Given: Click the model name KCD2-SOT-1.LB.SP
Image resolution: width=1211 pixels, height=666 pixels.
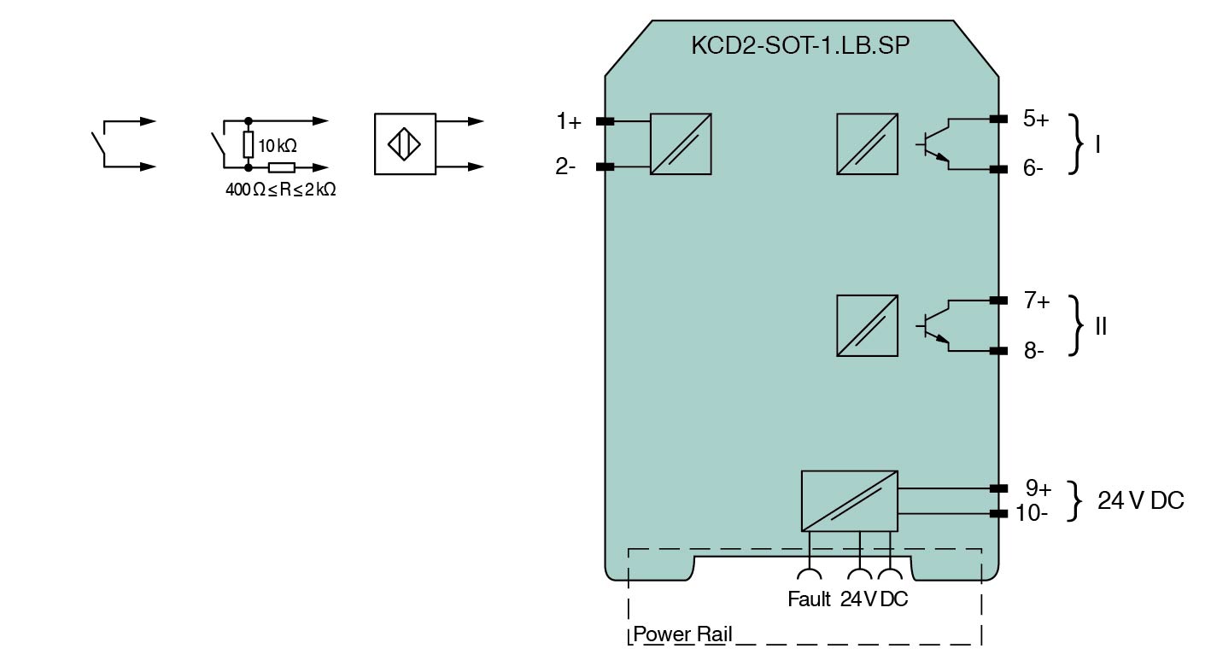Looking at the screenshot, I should tap(799, 46).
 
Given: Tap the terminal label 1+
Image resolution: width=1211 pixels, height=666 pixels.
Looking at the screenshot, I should tap(569, 122).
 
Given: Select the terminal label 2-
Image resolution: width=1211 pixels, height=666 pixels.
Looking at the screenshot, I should tap(565, 167).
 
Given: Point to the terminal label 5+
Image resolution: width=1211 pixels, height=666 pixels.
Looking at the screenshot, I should tap(1036, 120).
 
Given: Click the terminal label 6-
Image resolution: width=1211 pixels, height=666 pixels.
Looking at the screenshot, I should tap(1033, 169).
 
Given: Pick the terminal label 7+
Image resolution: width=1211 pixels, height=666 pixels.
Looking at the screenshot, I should tap(1037, 301).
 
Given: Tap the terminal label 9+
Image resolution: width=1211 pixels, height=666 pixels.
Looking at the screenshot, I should tap(1038, 488).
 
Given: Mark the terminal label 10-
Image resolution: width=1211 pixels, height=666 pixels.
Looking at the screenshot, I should tap(1032, 513).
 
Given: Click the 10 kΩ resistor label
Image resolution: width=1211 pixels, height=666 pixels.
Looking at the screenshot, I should tap(278, 146).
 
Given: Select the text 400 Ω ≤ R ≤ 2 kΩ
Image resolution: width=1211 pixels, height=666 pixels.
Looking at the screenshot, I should tap(280, 190).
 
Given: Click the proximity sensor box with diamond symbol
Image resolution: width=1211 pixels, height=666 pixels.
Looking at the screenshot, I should tap(405, 143).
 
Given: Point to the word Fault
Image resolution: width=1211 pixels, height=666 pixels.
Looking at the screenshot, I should tap(808, 599).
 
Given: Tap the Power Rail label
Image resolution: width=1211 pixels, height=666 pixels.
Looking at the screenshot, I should tap(682, 634).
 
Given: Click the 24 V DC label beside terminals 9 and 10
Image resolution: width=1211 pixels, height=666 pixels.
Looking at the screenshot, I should tap(1140, 501).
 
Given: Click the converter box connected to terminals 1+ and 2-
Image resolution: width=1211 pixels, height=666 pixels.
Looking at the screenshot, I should tap(681, 144).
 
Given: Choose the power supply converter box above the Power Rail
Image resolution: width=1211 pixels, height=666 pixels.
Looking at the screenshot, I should tap(849, 500).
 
